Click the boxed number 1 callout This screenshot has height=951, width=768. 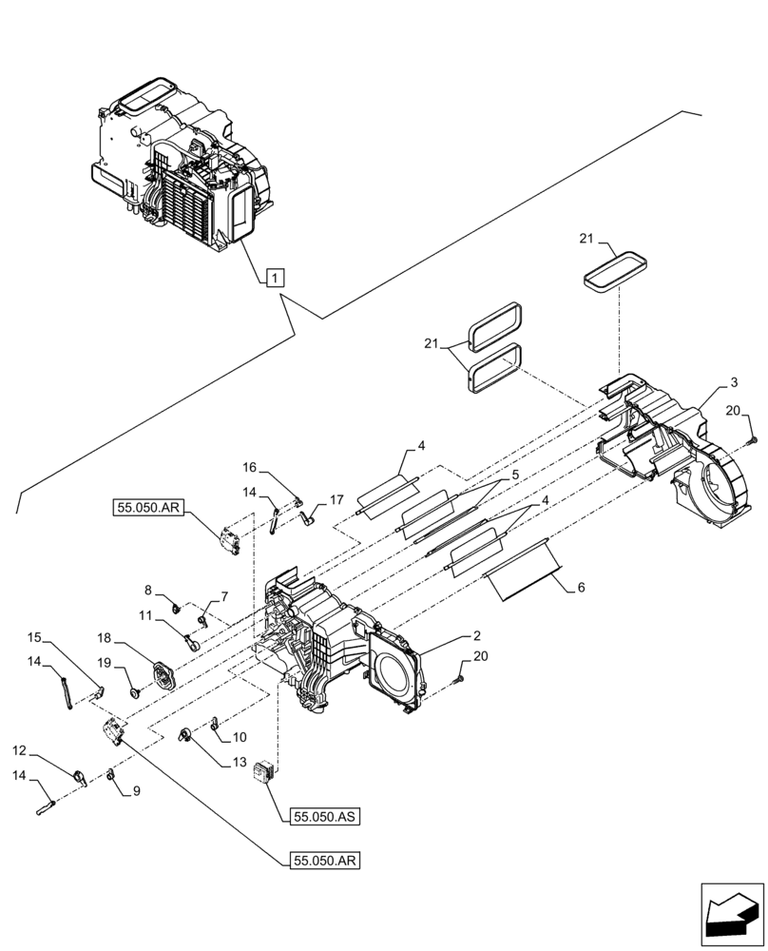(273, 278)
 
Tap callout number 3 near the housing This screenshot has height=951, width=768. (733, 382)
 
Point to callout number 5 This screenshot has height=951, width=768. (512, 475)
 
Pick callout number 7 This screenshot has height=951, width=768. (224, 596)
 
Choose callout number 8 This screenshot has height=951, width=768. (148, 591)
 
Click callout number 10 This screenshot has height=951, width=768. (239, 736)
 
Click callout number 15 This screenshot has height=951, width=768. (34, 636)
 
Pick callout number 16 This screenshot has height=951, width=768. (249, 468)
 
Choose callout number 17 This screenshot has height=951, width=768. (336, 498)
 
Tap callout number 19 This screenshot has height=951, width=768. (105, 662)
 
